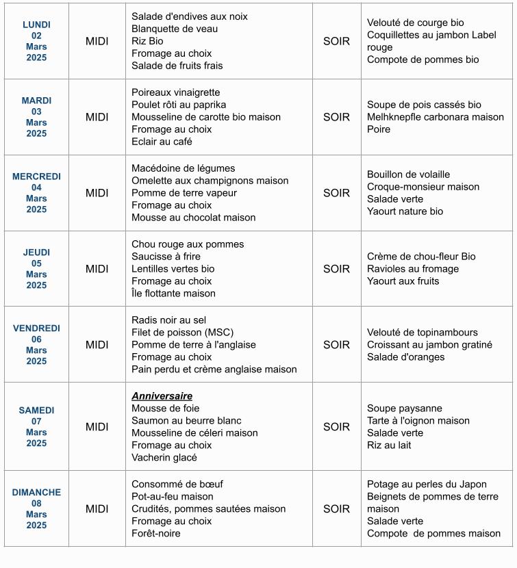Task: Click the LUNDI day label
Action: tap(36, 25)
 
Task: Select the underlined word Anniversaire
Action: tap(162, 396)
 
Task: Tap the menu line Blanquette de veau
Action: tap(175, 29)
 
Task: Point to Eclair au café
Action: tap(162, 142)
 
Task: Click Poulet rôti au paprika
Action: tap(179, 105)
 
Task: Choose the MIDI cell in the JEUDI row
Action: tap(97, 269)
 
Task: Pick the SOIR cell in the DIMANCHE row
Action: tap(336, 508)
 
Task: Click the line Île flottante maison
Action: tap(173, 294)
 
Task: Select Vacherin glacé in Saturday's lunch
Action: tap(164, 458)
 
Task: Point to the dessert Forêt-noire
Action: tap(156, 533)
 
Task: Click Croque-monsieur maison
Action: tap(423, 187)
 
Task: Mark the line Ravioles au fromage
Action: tap(413, 269)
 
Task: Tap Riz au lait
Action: tap(389, 446)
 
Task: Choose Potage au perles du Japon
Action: tap(427, 485)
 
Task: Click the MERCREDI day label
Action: tap(36, 177)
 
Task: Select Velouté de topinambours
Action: tap(423, 333)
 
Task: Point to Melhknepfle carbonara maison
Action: tap(436, 117)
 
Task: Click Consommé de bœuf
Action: tap(177, 485)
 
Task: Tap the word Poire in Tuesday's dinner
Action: tap(379, 129)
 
